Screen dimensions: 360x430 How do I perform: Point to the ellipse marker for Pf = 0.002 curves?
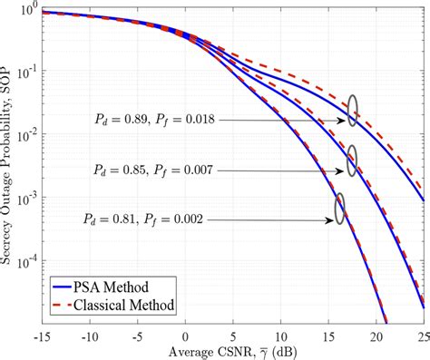[340, 207]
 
